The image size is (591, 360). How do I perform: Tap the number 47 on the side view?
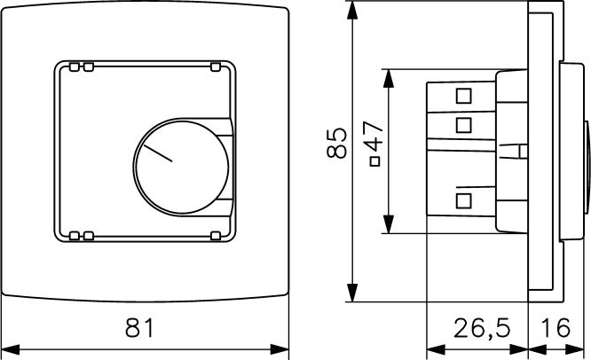click(374, 138)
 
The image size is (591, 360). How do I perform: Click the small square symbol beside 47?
click(374, 162)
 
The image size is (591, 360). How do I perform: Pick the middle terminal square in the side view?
click(463, 123)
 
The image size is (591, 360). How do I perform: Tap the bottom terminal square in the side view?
click(463, 200)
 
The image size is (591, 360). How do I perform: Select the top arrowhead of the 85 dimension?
click(353, 9)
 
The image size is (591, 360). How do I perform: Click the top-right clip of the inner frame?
click(216, 67)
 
